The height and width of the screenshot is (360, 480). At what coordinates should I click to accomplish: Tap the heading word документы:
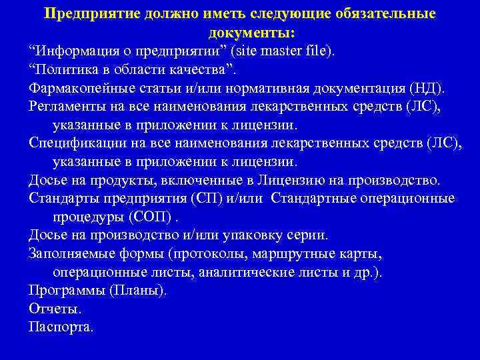click(x=252, y=33)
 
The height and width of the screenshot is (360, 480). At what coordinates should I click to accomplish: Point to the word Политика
click(x=65, y=69)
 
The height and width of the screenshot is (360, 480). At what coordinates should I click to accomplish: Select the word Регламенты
click(x=66, y=106)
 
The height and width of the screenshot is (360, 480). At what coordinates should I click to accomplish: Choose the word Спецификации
click(x=75, y=143)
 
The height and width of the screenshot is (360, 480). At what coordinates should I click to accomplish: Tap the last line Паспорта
click(x=61, y=327)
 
